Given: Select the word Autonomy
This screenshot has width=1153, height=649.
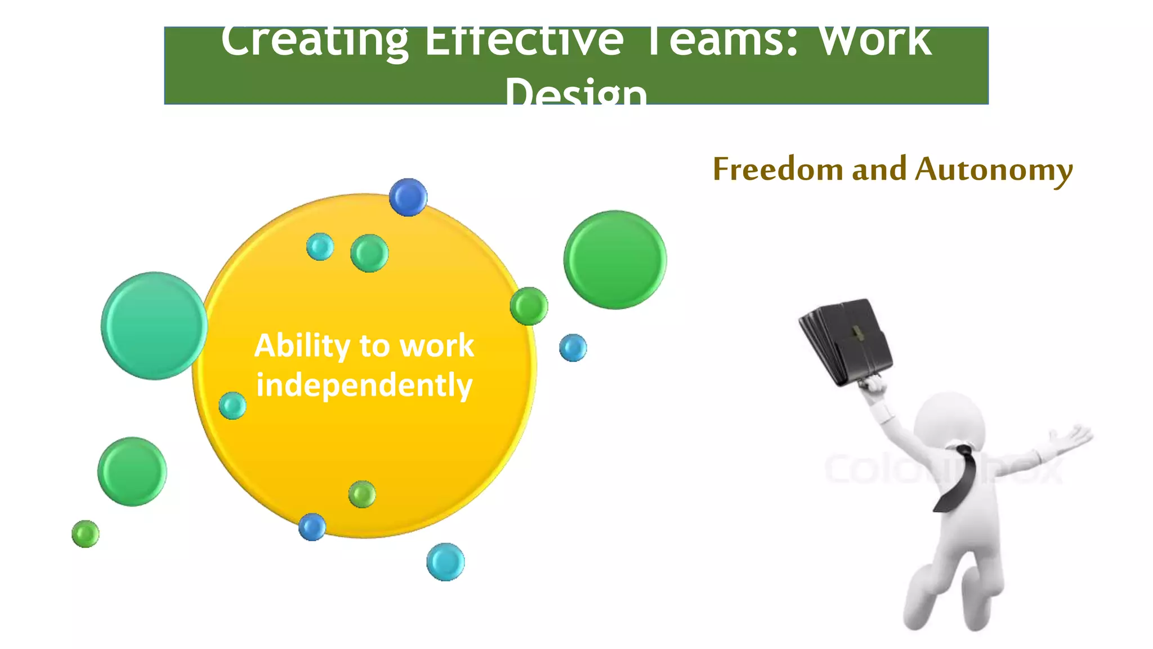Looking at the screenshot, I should pyautogui.click(x=994, y=170).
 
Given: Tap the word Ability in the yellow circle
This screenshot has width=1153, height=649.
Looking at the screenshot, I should pyautogui.click(x=302, y=345).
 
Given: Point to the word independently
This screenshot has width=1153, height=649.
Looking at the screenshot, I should pyautogui.click(x=364, y=386).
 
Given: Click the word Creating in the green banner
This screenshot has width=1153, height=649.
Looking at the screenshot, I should pyautogui.click(x=314, y=42).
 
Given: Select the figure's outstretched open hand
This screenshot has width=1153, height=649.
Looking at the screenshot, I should pyautogui.click(x=1072, y=437).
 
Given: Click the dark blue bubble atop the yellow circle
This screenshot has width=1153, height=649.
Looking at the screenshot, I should pyautogui.click(x=408, y=197).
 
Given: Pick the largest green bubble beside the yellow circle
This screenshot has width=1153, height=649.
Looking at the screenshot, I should pyautogui.click(x=615, y=260).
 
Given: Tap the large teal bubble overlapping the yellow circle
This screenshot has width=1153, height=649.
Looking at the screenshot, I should pyautogui.click(x=154, y=326).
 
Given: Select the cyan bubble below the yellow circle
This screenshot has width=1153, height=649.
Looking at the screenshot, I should pyautogui.click(x=445, y=562).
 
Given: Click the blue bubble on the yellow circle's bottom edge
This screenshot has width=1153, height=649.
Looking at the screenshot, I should pyautogui.click(x=312, y=527).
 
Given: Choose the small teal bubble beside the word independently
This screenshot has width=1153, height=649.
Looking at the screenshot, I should pyautogui.click(x=233, y=406).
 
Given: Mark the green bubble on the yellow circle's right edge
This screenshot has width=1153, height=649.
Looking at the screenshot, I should pyautogui.click(x=529, y=306).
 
